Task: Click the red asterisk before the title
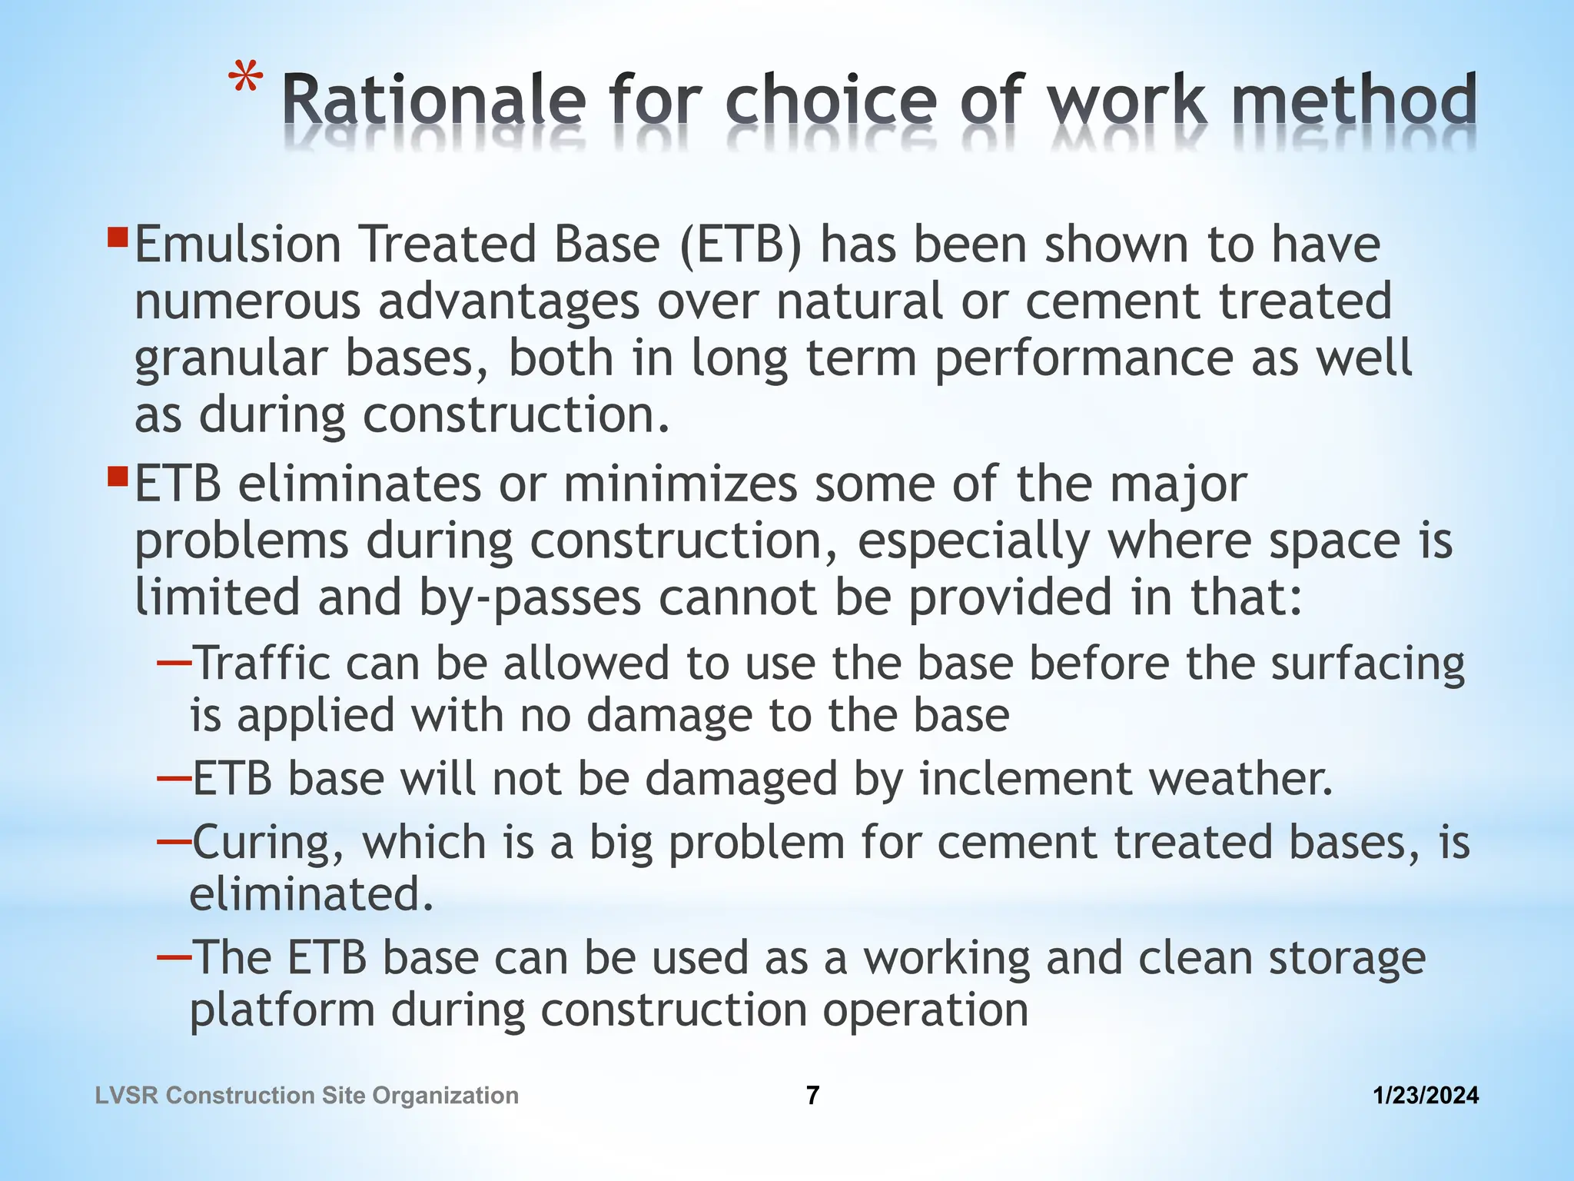pos(246,80)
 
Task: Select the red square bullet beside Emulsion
pos(118,236)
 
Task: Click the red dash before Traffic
pos(174,662)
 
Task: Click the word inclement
pos(1025,779)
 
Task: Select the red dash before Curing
pos(174,841)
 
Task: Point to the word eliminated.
pos(311,894)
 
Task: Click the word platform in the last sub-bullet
pos(282,1011)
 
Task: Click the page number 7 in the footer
pos(812,1096)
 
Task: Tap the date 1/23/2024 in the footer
pos(1426,1096)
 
